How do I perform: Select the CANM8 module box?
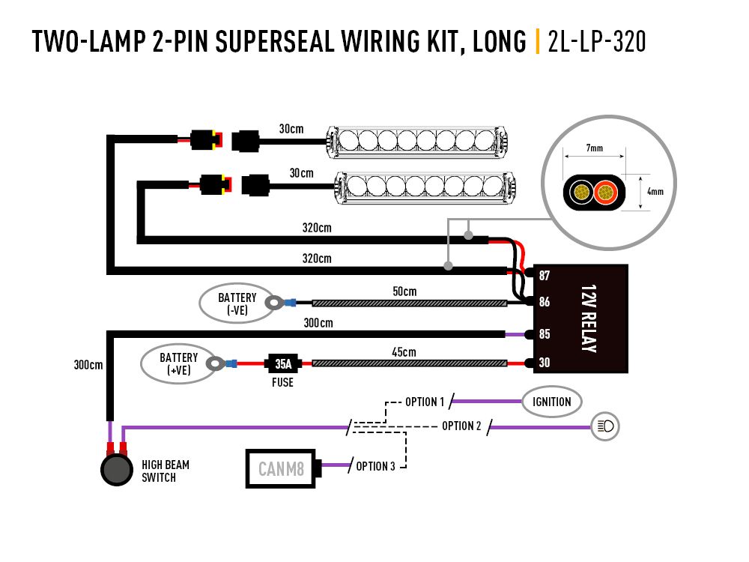pyautogui.click(x=281, y=469)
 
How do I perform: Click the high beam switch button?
pyautogui.click(x=115, y=470)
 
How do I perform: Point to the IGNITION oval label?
pyautogui.click(x=552, y=402)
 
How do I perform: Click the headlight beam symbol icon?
pyautogui.click(x=604, y=427)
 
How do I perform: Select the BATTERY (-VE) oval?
pyautogui.click(x=237, y=303)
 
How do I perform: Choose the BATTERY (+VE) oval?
pyautogui.click(x=178, y=364)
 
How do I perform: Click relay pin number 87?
pyautogui.click(x=545, y=275)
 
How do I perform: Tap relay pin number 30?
pyautogui.click(x=545, y=363)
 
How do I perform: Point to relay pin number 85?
pyautogui.click(x=545, y=333)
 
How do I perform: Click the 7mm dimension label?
pyautogui.click(x=594, y=148)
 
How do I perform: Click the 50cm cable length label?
pyautogui.click(x=404, y=291)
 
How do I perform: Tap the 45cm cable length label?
pyautogui.click(x=404, y=351)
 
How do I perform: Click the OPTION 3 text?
pyautogui.click(x=375, y=466)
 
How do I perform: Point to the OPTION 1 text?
pyautogui.click(x=425, y=402)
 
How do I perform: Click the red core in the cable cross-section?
pyautogui.click(x=604, y=193)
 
